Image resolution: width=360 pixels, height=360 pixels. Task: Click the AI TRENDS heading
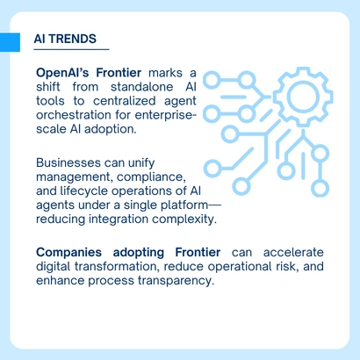pyautogui.click(x=66, y=40)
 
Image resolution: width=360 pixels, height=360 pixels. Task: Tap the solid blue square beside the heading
pyautogui.click(x=10, y=40)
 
